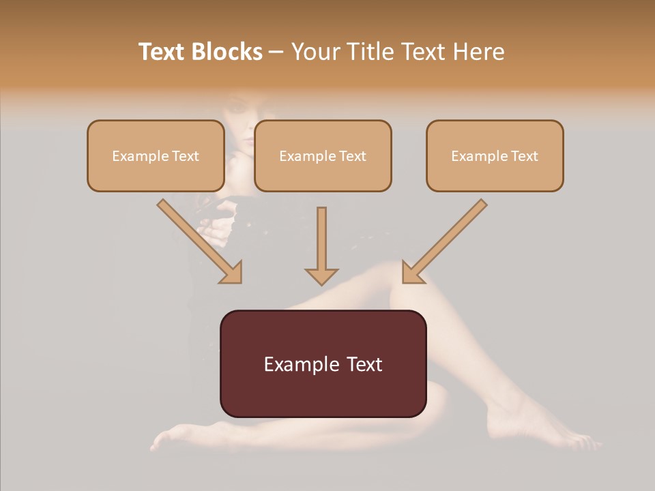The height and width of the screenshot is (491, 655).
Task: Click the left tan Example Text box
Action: (x=156, y=155)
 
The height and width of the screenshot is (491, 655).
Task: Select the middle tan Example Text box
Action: (x=323, y=155)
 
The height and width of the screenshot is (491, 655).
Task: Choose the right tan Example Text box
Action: (x=495, y=155)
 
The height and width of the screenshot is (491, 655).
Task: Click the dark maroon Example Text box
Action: (x=323, y=363)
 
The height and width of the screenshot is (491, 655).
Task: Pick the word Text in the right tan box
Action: (x=524, y=156)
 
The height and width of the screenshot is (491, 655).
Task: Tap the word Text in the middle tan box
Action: (x=352, y=156)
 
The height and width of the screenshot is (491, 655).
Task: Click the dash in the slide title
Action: (x=276, y=52)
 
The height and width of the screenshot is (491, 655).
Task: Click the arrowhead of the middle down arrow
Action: (x=321, y=276)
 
